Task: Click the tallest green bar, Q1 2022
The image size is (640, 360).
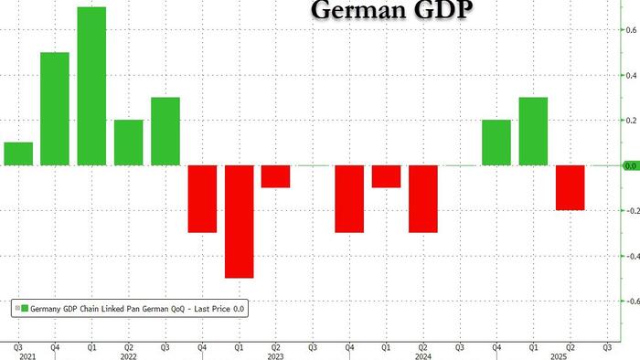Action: pyautogui.click(x=92, y=87)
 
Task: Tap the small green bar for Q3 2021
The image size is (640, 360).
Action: pyautogui.click(x=18, y=154)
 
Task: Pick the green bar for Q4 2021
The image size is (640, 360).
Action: pyautogui.click(x=55, y=110)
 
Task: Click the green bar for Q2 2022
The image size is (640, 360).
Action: pyautogui.click(x=129, y=143)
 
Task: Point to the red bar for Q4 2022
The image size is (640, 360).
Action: pyautogui.click(x=202, y=199)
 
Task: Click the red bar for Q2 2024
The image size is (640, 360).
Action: pyautogui.click(x=423, y=199)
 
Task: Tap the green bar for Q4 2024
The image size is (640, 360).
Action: pyautogui.click(x=496, y=143)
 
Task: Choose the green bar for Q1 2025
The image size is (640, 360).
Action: pyautogui.click(x=533, y=132)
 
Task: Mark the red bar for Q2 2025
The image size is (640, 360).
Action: pyautogui.click(x=571, y=187)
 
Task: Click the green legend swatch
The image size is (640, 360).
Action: pyautogui.click(x=25, y=310)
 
